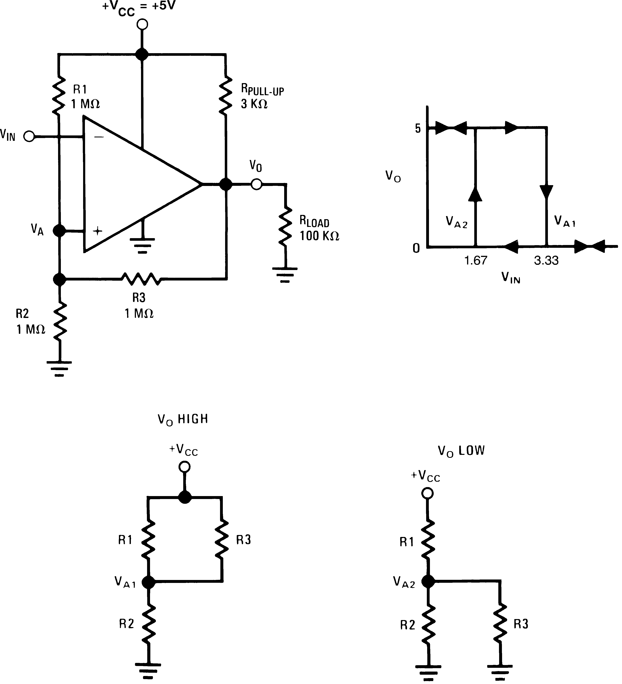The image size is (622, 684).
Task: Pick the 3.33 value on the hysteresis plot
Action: pos(546,261)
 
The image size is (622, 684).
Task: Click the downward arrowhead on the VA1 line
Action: pos(546,192)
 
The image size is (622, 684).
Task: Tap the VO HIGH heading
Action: pos(183,419)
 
